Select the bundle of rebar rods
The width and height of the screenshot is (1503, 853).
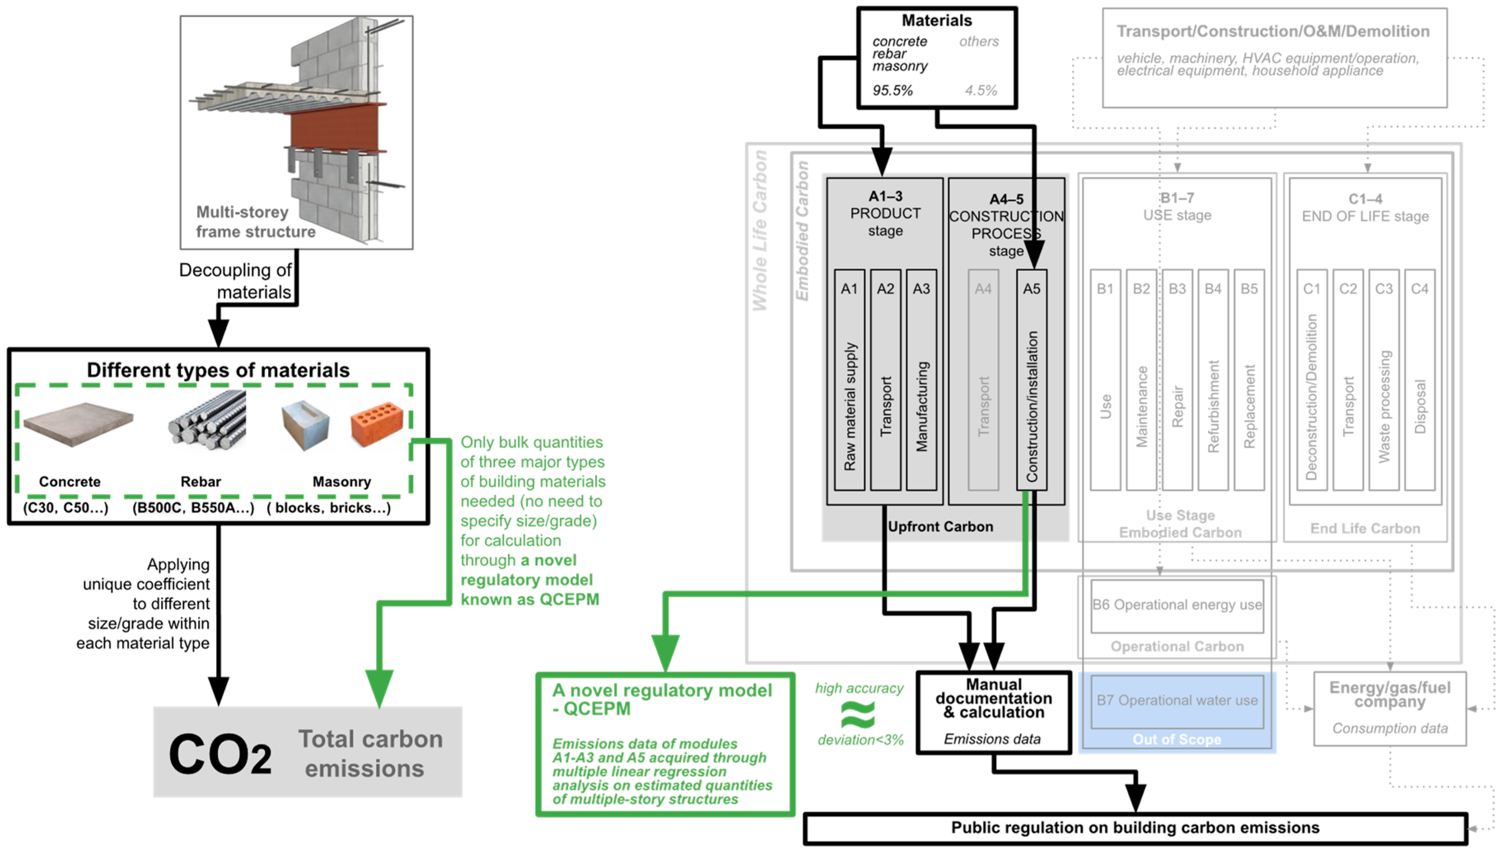tap(207, 420)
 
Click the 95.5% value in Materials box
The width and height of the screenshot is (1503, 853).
tap(892, 90)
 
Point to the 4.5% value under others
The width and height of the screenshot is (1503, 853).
tap(981, 90)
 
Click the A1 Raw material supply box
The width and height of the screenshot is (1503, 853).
tap(850, 380)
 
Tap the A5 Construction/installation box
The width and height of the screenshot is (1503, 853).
tap(1032, 380)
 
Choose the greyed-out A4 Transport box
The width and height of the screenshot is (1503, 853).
tap(983, 380)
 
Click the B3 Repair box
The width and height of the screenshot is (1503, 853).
tap(1177, 380)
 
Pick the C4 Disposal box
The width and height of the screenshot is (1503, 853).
tap(1419, 380)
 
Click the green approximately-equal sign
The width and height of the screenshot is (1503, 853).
tap(858, 715)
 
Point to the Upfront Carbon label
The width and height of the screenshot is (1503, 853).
tap(940, 527)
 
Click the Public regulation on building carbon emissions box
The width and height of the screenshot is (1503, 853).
tap(1135, 828)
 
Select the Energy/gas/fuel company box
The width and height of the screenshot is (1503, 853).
tap(1389, 708)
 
